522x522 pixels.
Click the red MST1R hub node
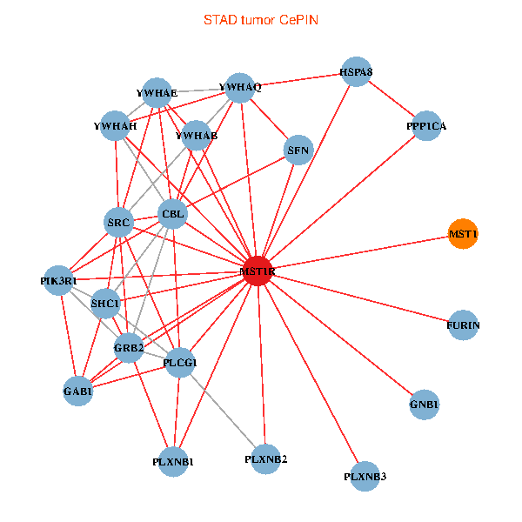point(258,271)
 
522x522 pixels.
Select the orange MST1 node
point(463,234)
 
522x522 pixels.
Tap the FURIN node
point(463,325)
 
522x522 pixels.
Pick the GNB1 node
point(424,405)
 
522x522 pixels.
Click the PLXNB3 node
point(365,475)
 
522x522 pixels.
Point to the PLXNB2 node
point(266,458)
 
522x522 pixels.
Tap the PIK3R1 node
point(59,280)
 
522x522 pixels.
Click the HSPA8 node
point(357,71)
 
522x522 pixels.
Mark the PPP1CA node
point(425,126)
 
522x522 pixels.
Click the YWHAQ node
point(240,87)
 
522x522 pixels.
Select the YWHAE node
point(157,92)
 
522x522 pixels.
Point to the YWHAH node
point(116,126)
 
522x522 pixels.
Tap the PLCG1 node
point(180,362)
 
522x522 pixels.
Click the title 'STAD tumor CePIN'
point(261,19)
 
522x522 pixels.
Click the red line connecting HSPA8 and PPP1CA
point(391,99)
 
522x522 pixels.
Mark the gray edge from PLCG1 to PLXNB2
point(224,411)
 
